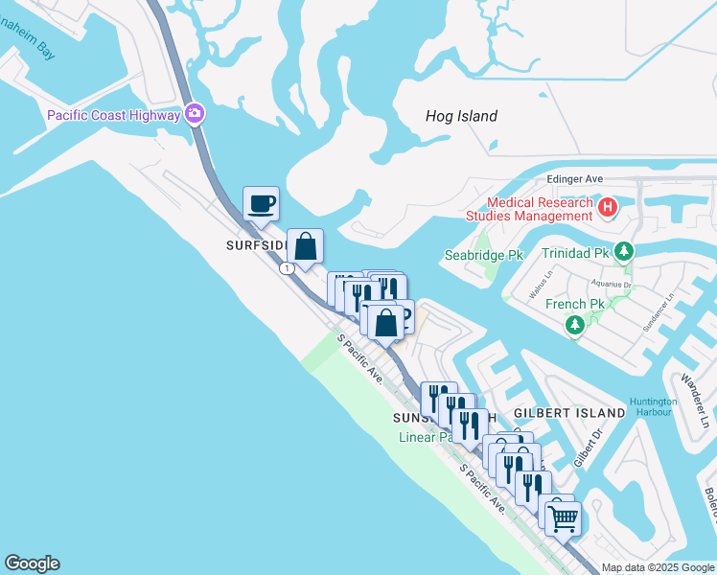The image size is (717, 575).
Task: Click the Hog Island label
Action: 461,116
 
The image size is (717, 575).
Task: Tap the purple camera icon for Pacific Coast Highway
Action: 196,115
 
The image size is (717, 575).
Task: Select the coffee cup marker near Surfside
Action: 261,204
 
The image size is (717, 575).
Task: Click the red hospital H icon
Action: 607,207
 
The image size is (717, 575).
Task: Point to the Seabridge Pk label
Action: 484,256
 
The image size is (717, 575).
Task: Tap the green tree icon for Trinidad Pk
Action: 625,252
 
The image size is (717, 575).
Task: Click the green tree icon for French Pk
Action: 575,326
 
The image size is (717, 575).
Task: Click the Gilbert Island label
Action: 568,412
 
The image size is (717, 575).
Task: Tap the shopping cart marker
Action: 563,519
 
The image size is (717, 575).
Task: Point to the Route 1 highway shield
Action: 287,268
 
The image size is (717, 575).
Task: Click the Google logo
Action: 32,563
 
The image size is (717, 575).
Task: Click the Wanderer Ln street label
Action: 697,389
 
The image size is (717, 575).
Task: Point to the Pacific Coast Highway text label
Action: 114,116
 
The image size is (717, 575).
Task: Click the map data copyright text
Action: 658,567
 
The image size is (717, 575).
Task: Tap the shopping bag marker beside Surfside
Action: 305,248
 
